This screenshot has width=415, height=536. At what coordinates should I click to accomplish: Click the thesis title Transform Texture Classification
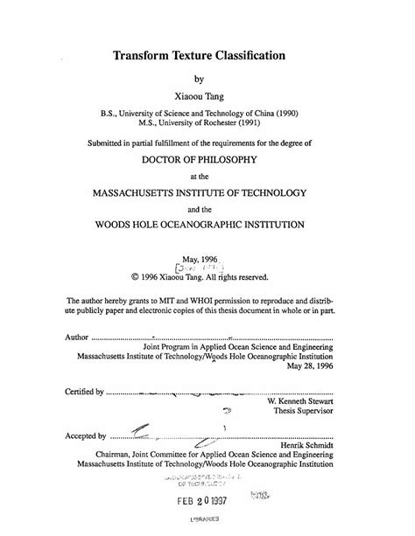tap(207, 55)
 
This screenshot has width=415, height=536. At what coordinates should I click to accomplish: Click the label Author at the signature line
tap(76, 335)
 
